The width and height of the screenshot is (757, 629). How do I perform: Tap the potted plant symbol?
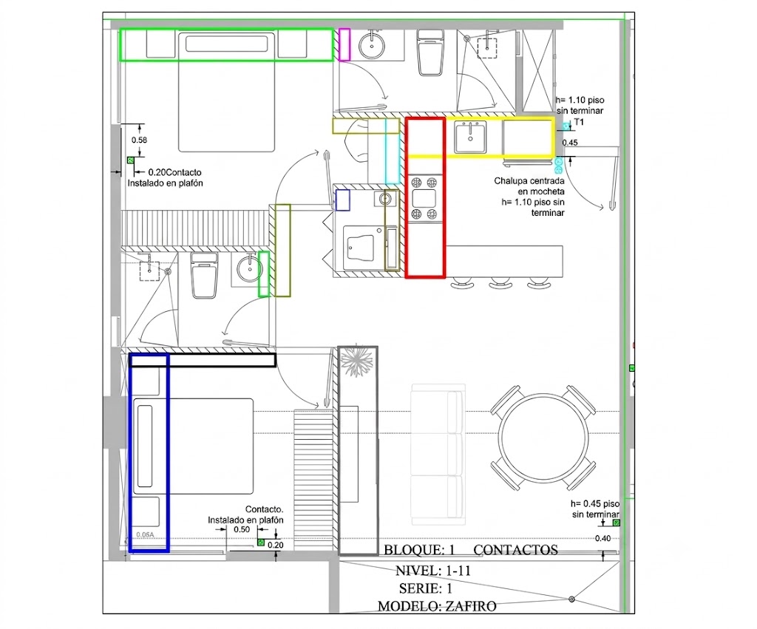(x=357, y=361)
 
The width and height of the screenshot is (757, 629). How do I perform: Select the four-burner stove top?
(x=424, y=197)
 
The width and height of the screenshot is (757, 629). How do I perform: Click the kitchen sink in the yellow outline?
(x=469, y=137)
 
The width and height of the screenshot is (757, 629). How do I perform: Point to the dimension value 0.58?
(x=139, y=140)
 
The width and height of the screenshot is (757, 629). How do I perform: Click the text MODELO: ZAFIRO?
(x=436, y=606)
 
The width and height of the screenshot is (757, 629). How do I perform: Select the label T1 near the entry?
(x=579, y=122)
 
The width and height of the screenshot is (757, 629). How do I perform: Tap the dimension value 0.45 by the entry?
(x=570, y=143)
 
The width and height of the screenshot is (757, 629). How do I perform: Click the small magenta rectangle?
(x=344, y=44)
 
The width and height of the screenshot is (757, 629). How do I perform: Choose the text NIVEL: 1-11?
(x=432, y=571)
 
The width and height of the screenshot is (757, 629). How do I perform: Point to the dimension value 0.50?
(x=242, y=529)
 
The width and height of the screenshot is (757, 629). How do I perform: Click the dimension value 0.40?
(x=602, y=538)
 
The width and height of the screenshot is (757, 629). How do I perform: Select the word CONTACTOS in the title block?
(x=515, y=550)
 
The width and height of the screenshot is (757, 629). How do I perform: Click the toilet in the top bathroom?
(x=431, y=52)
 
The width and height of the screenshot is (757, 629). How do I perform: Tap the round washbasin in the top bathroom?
(x=372, y=45)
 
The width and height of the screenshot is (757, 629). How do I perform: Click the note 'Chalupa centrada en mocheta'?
(x=529, y=186)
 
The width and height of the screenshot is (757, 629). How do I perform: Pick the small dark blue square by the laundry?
(x=343, y=200)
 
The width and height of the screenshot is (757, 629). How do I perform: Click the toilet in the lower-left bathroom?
(x=204, y=275)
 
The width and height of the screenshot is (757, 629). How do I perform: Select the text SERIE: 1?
(x=425, y=588)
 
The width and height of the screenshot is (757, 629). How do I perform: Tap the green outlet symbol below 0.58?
(x=130, y=160)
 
